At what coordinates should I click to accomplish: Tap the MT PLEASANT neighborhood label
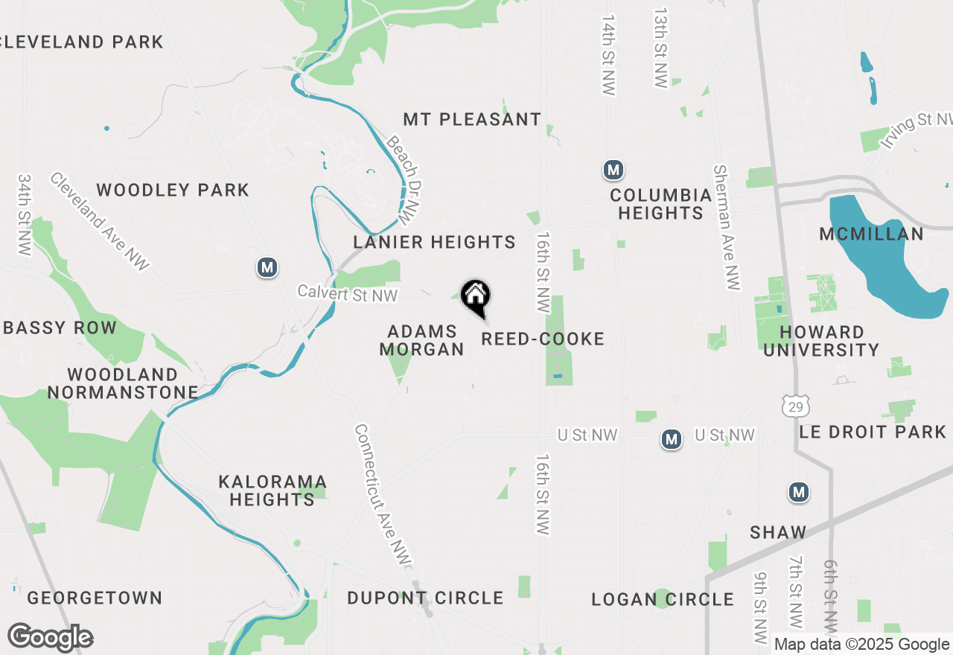[472, 119]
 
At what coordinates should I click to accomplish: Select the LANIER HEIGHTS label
[434, 242]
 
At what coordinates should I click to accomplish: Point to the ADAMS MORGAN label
[421, 340]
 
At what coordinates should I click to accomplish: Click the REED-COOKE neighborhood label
[543, 339]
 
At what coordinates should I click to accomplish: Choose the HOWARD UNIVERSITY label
[821, 341]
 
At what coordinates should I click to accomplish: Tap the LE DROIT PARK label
[873, 432]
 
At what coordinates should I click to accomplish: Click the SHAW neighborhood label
[778, 532]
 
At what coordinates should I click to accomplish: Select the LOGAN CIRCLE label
[663, 599]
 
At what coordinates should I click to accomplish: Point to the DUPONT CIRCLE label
[425, 598]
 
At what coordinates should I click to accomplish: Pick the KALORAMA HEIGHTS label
[272, 491]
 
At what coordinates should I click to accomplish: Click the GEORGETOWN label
[95, 598]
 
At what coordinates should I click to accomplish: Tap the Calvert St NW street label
[348, 294]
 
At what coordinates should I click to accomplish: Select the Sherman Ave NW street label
[727, 227]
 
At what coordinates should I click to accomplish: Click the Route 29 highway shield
[794, 406]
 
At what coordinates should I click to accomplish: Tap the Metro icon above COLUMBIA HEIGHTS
[613, 170]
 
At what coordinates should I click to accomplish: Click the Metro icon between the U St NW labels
[672, 440]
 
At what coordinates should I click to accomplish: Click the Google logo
[50, 637]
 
